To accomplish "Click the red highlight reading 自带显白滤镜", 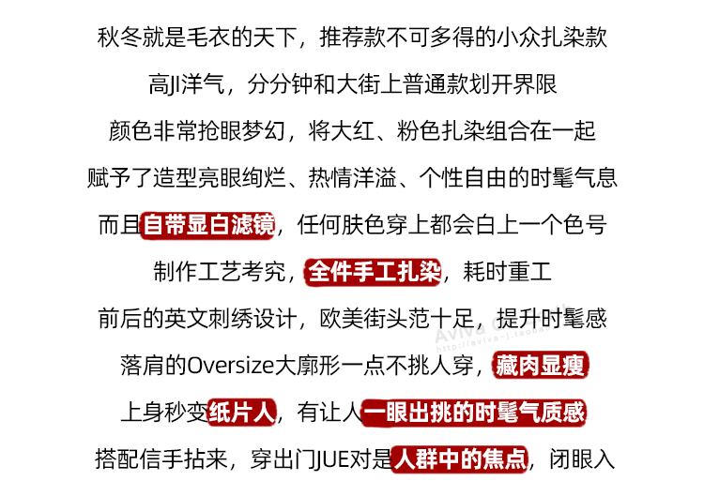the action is [x=208, y=225].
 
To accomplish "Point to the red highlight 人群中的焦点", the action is [x=459, y=459].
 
